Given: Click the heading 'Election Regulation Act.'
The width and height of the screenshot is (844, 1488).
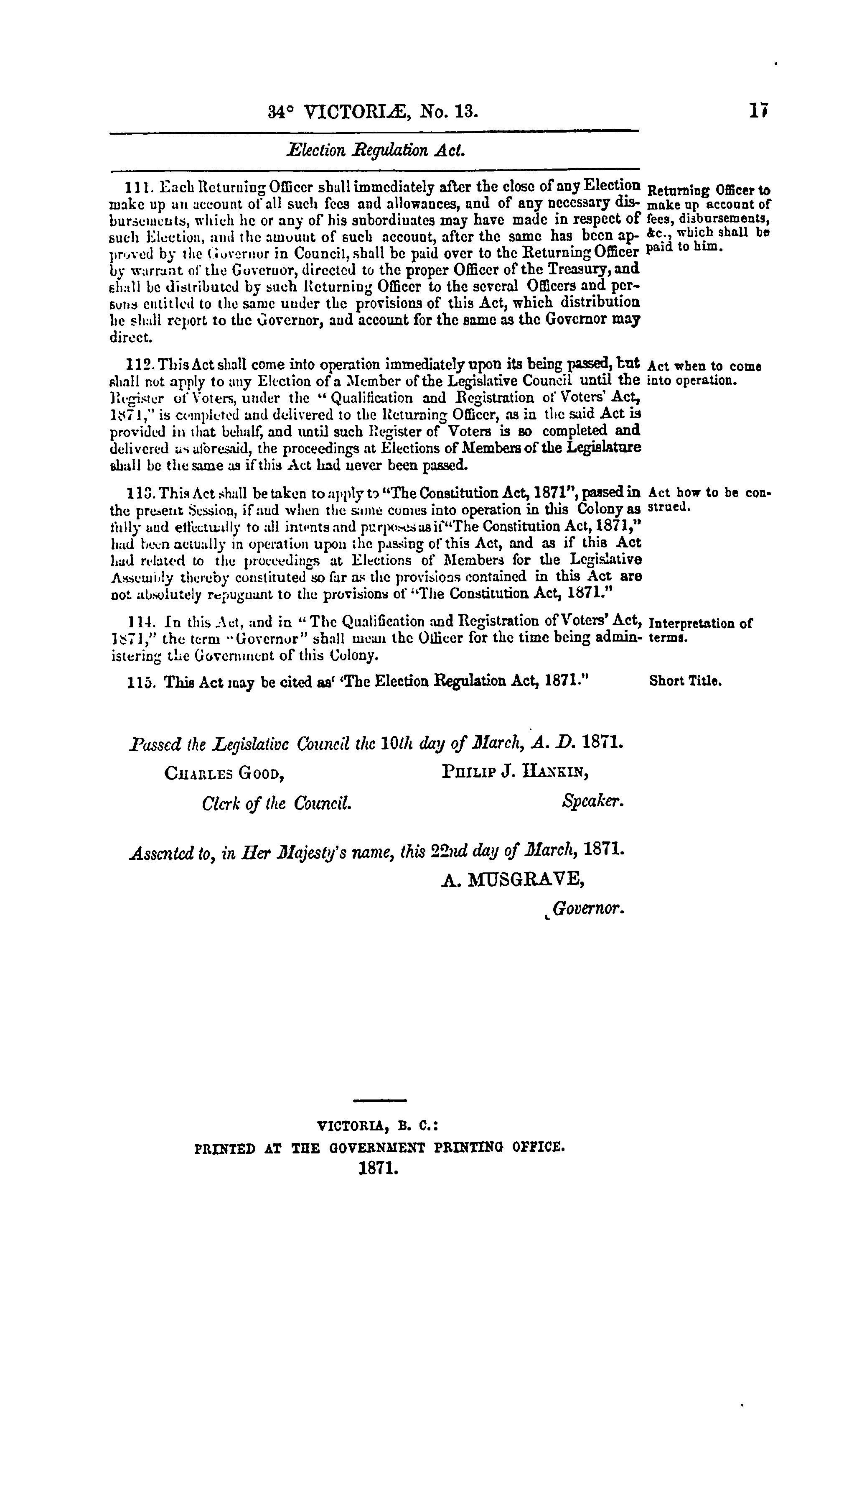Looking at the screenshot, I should click(x=376, y=151).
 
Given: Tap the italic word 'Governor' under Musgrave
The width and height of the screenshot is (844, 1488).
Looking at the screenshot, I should click(x=588, y=908).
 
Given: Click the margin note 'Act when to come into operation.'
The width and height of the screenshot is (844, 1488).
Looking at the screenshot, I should click(x=703, y=373).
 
